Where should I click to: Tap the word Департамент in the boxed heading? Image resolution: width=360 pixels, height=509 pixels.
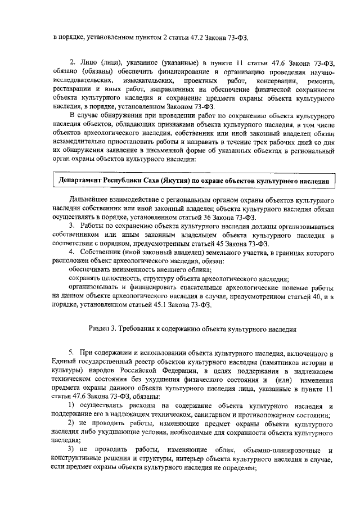point(83,182)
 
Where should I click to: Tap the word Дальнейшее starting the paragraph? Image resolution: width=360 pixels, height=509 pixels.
point(89,200)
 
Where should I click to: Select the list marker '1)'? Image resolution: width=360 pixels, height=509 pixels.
point(72,406)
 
